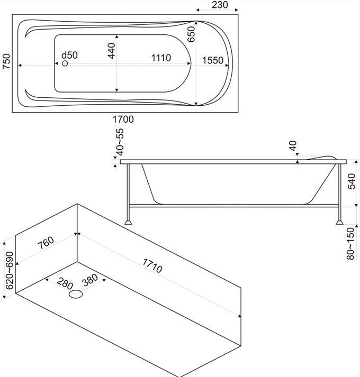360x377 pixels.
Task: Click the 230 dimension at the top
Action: (219, 5)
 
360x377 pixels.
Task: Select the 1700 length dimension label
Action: (123, 119)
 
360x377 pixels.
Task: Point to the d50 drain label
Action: (69, 55)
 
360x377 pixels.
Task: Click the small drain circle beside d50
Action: (65, 64)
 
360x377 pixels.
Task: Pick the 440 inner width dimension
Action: (111, 50)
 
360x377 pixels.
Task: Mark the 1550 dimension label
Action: (213, 60)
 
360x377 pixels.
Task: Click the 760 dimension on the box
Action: (47, 243)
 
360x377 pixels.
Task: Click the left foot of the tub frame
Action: (128, 221)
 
